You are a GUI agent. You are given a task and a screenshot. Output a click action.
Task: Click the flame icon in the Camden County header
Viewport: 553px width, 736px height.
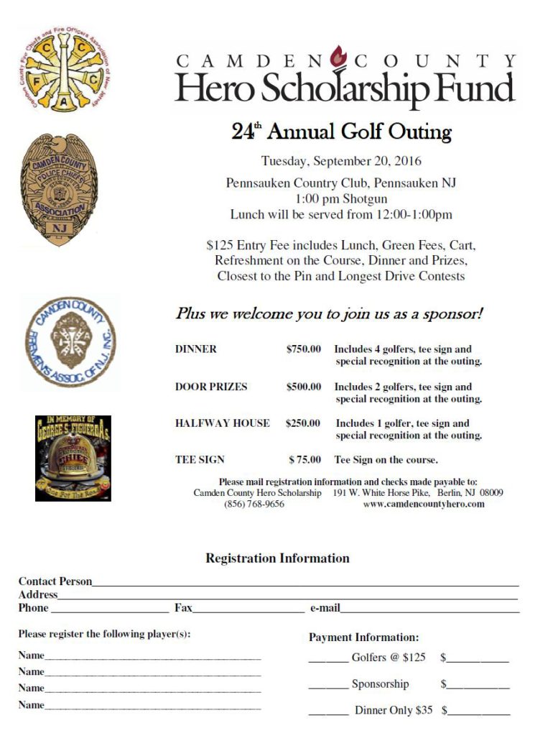338,55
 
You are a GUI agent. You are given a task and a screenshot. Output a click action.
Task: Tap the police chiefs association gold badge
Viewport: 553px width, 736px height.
58,189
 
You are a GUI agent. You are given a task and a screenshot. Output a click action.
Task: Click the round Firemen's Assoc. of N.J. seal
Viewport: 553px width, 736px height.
70,341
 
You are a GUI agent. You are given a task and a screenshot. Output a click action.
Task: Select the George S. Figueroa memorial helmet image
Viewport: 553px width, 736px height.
73,458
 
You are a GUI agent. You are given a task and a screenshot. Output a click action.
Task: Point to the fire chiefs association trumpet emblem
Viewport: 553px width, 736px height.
64,70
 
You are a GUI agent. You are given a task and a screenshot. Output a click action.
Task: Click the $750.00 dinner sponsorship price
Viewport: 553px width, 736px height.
304,349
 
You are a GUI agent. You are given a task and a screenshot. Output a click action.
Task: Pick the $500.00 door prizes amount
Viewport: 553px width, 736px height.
304,387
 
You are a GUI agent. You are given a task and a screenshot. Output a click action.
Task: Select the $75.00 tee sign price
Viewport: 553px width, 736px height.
305,460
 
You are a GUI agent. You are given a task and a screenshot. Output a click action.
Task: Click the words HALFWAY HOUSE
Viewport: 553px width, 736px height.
223,423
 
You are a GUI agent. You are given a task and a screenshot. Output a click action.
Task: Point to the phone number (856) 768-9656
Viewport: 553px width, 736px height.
254,505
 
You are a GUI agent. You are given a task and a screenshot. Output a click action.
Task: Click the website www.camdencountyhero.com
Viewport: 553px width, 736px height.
423,505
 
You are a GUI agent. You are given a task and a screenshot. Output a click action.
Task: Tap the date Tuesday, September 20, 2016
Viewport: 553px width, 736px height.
341,161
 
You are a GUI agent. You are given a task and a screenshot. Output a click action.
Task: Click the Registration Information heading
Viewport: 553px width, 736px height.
277,558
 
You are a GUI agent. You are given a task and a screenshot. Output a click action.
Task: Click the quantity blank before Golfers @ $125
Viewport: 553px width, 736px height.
328,659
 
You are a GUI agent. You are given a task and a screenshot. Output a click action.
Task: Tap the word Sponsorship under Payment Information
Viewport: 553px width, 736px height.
380,684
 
